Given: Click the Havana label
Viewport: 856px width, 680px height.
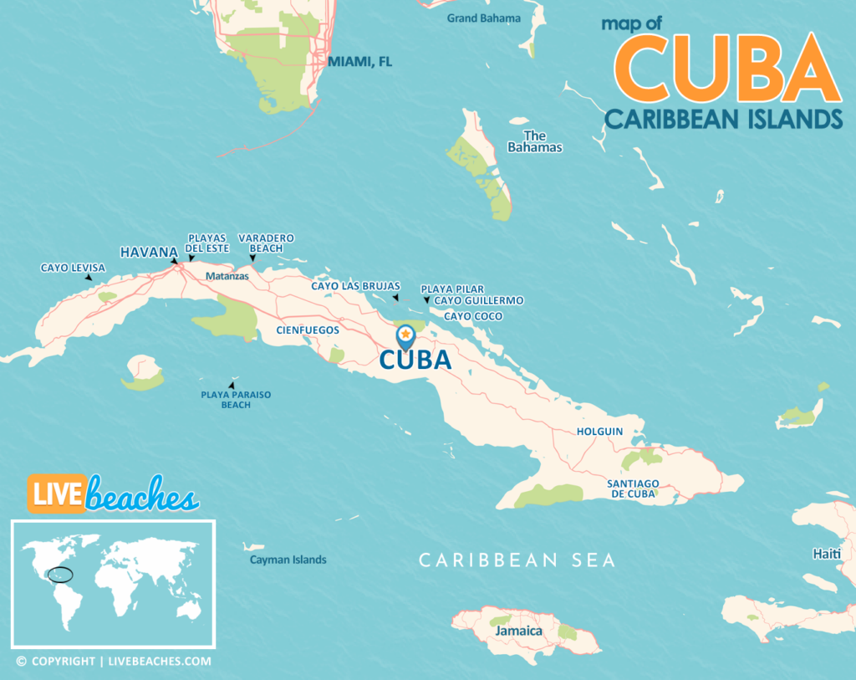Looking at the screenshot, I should [149, 252].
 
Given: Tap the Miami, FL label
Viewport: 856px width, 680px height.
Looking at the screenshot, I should [359, 62].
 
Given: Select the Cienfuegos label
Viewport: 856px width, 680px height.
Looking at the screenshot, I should [308, 330].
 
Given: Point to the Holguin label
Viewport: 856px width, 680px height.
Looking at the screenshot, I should [599, 432].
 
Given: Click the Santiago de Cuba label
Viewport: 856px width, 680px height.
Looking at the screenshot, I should [634, 488].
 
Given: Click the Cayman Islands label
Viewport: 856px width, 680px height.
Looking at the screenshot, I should [288, 560].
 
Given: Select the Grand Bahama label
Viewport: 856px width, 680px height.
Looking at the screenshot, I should [483, 18].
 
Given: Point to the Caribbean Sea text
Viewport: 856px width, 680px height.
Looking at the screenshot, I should [517, 560].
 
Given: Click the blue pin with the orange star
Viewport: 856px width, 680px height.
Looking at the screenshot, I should [405, 336].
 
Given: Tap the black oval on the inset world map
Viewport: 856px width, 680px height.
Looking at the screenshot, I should [60, 575].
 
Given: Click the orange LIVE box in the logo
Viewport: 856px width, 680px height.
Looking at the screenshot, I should [57, 493].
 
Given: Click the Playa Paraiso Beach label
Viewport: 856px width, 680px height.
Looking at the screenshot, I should [236, 400].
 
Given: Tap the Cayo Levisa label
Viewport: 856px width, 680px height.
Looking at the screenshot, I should [73, 268].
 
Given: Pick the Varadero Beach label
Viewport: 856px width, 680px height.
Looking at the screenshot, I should [266, 243].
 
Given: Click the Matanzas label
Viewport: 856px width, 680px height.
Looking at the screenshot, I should [227, 275].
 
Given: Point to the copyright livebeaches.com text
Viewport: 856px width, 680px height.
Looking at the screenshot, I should [113, 661].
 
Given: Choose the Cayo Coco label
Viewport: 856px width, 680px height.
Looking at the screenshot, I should [473, 316].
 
